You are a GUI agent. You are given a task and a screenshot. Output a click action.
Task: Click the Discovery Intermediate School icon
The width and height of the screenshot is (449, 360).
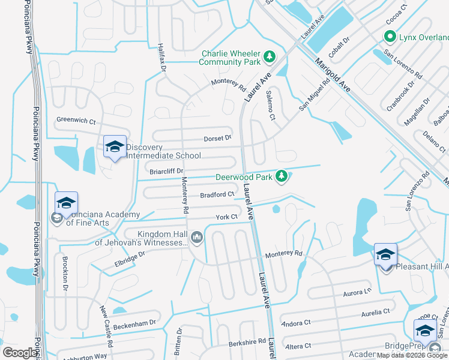114,147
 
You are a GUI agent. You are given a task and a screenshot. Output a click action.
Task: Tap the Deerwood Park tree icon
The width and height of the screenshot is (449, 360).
280,176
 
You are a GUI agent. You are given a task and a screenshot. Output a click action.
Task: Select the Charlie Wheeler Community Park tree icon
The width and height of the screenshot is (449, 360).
270,57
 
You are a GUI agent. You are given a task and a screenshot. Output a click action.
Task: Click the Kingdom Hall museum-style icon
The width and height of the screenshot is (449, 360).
196,239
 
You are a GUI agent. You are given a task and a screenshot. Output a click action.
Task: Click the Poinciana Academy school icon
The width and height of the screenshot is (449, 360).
67,203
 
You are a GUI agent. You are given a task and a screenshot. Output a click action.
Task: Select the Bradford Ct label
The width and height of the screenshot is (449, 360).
217,194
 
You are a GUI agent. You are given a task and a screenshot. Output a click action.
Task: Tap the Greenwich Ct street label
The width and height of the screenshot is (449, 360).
76,121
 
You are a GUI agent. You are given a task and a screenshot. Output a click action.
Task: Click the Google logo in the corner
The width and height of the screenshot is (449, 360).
20,352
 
